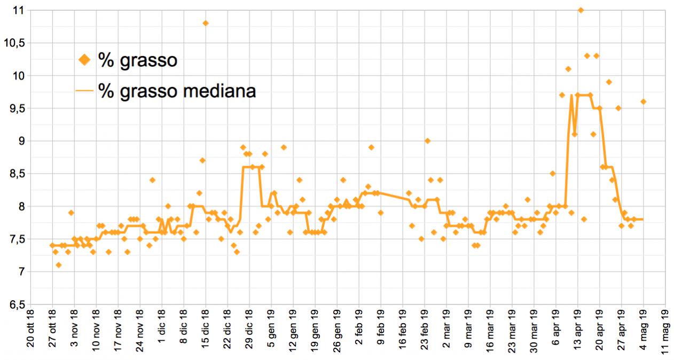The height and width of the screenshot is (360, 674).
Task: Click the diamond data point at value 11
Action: click(x=581, y=10)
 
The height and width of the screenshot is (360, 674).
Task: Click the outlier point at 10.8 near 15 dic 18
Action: click(x=206, y=23)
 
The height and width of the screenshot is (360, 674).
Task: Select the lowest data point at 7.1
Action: click(x=59, y=265)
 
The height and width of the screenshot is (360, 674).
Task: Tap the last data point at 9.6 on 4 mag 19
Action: click(x=644, y=101)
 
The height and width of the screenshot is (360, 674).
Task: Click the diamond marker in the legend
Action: click(x=84, y=60)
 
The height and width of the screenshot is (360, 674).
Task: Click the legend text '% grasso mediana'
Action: click(x=177, y=91)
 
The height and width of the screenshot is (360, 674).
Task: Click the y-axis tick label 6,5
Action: click(x=18, y=304)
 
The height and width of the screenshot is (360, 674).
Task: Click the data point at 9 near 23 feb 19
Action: click(x=427, y=141)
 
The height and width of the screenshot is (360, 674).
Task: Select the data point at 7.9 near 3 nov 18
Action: click(x=71, y=213)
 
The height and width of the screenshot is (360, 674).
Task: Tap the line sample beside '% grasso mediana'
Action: click(x=84, y=91)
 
